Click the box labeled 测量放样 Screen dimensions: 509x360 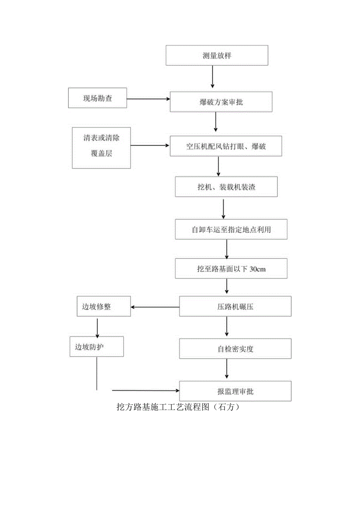[217, 55]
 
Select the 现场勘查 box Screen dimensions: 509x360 [97, 98]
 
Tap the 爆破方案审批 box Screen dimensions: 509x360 [221, 102]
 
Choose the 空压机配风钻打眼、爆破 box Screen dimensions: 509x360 [226, 146]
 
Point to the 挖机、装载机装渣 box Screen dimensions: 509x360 [226, 187]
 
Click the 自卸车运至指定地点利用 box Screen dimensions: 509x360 [231, 229]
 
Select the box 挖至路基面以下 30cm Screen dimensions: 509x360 [231, 269]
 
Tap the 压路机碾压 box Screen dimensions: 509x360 [235, 306]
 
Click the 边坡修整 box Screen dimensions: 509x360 [103, 306]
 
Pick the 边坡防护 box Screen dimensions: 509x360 [97, 347]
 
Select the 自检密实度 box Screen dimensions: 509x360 [235, 348]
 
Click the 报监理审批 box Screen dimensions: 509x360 [235, 391]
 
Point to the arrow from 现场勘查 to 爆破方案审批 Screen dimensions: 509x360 [149, 99]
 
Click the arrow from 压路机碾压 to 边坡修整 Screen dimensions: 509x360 [155, 307]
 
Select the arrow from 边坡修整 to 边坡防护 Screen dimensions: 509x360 [97, 326]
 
